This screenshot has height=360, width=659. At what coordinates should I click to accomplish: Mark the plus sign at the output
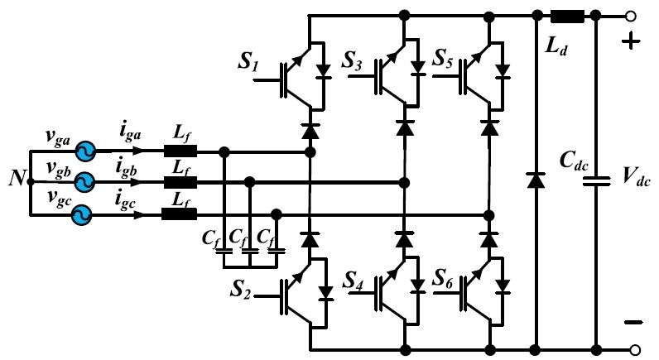630,42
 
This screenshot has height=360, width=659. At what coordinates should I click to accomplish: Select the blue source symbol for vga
84,152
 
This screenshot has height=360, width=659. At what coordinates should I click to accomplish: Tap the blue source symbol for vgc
80,214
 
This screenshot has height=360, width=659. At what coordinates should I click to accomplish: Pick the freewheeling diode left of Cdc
536,177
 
